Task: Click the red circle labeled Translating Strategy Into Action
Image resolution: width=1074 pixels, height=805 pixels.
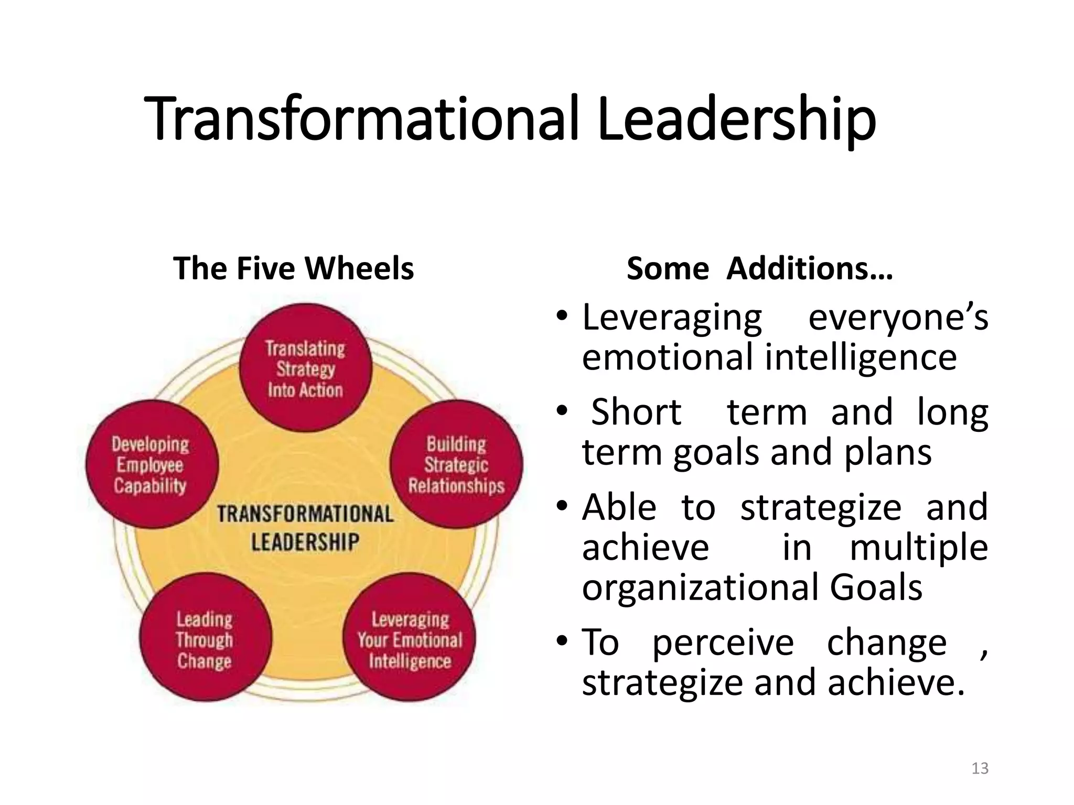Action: click(x=306, y=368)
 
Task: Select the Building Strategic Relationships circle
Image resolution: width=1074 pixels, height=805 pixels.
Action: click(x=456, y=464)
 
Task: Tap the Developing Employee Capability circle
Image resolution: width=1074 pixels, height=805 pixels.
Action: click(x=151, y=464)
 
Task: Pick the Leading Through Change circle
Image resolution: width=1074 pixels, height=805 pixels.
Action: click(x=205, y=638)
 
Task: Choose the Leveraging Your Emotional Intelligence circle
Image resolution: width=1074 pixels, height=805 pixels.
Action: click(x=410, y=638)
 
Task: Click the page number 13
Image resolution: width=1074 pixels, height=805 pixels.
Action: click(x=980, y=768)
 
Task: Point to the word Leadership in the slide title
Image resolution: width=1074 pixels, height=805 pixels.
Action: click(x=736, y=119)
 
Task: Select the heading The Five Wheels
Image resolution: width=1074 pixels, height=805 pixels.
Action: click(x=293, y=268)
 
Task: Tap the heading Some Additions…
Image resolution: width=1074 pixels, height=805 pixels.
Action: click(x=759, y=268)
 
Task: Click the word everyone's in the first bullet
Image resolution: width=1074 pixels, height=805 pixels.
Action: click(x=898, y=318)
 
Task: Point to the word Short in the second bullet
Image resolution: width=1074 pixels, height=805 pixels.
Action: click(x=636, y=412)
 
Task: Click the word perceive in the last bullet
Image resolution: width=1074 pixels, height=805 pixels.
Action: click(x=723, y=643)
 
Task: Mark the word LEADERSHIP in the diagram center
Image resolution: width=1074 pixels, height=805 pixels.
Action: click(x=305, y=542)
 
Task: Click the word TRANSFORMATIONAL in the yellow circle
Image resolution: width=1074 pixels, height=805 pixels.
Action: click(x=305, y=514)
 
